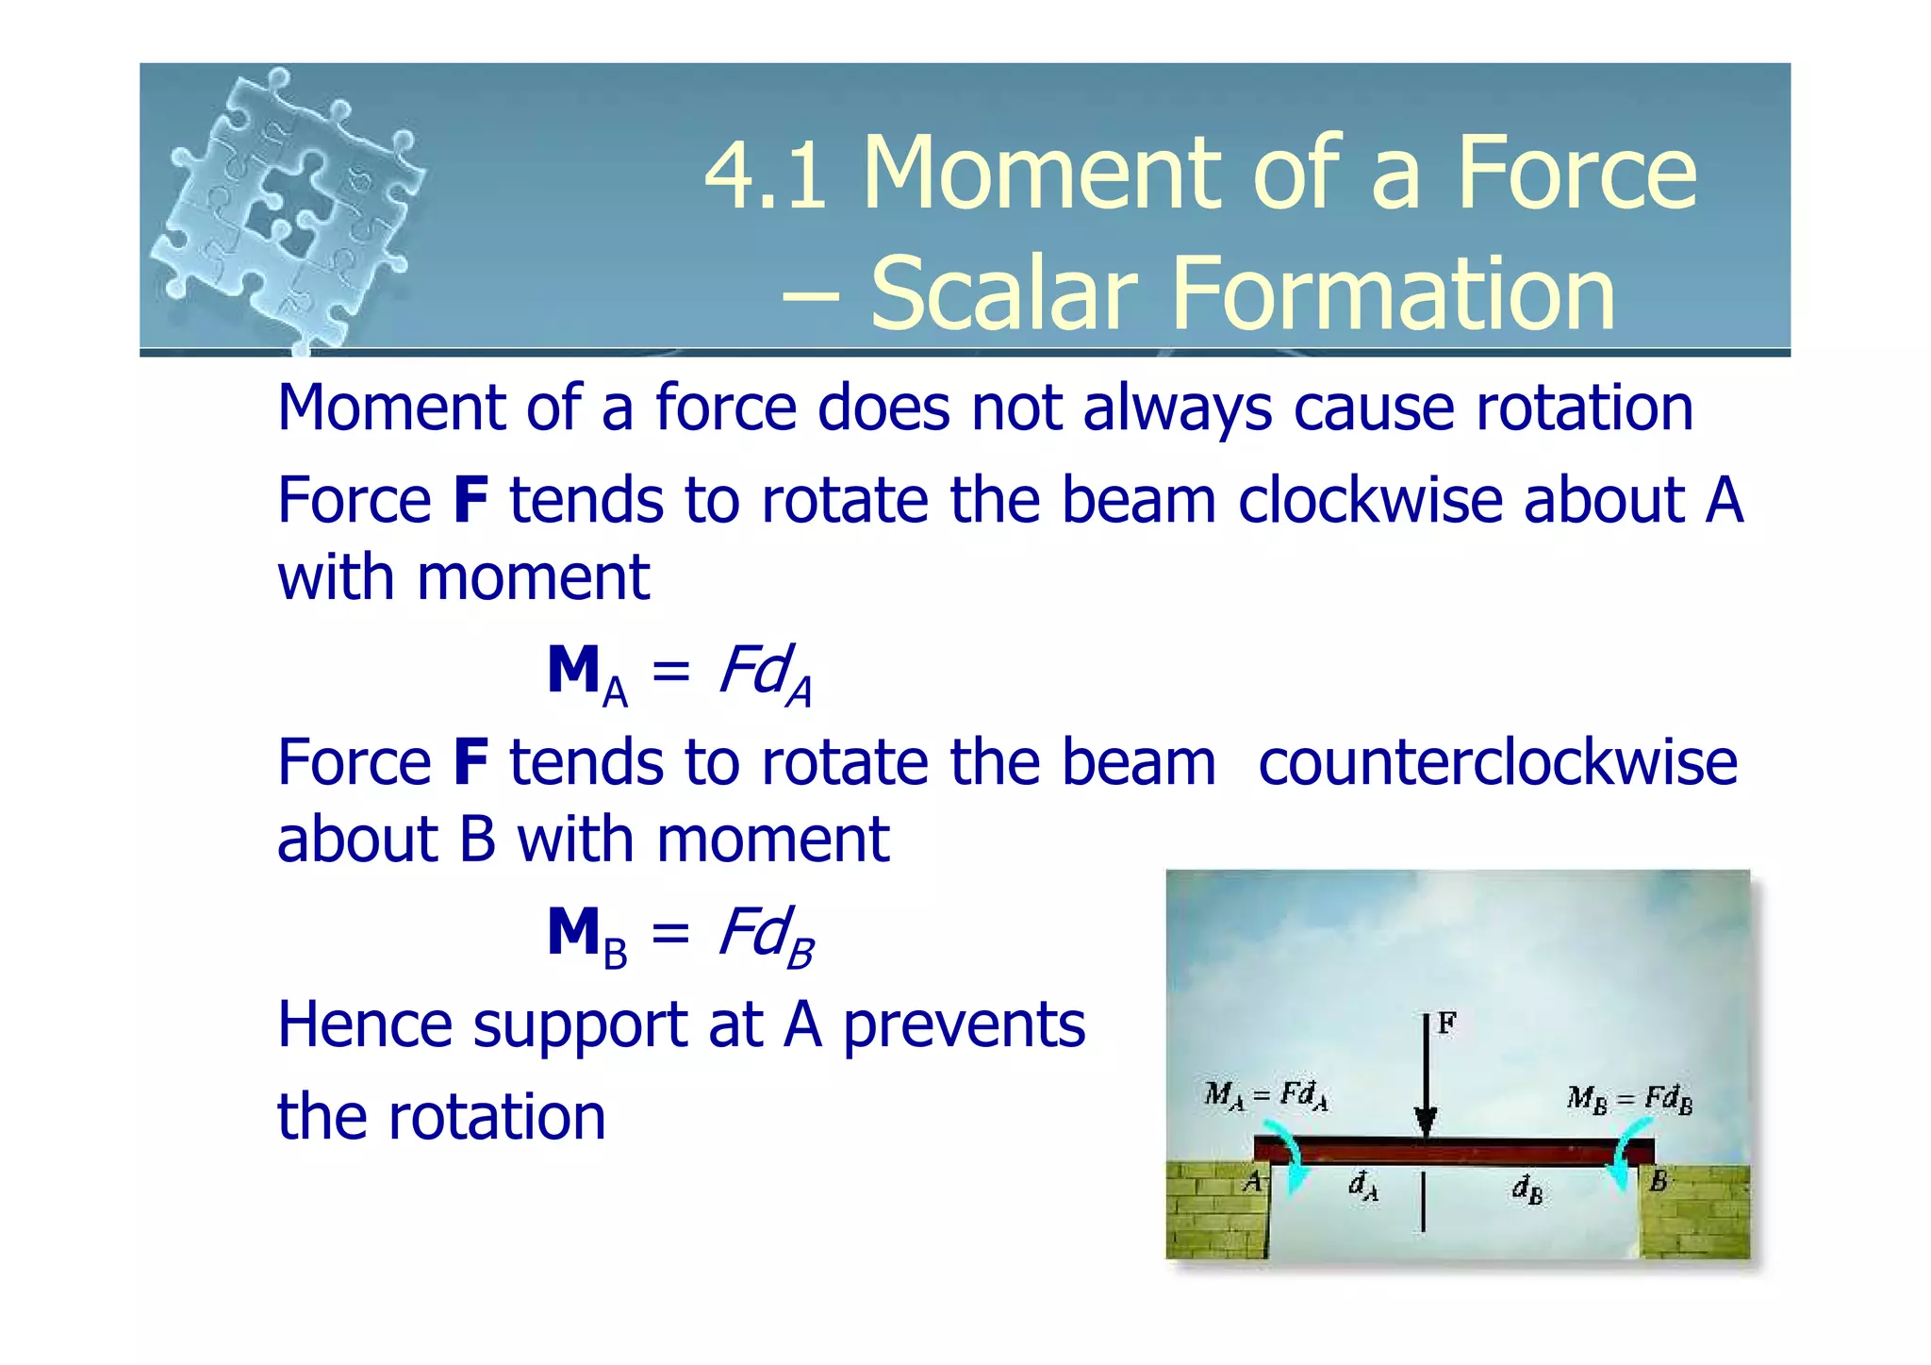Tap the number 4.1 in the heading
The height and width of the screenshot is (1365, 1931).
pos(766,174)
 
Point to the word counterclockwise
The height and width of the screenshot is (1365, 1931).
pos(1497,762)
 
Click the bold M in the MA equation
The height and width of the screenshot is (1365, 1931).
pos(574,671)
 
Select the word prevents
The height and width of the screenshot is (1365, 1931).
pos(964,1024)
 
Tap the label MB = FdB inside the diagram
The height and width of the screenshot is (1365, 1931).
pos(1629,1099)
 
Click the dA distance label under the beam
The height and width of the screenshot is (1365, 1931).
pos(1363,1186)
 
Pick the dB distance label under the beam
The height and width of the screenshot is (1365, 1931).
pos(1527,1190)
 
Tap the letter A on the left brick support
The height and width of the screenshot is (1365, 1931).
pos(1252,1182)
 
